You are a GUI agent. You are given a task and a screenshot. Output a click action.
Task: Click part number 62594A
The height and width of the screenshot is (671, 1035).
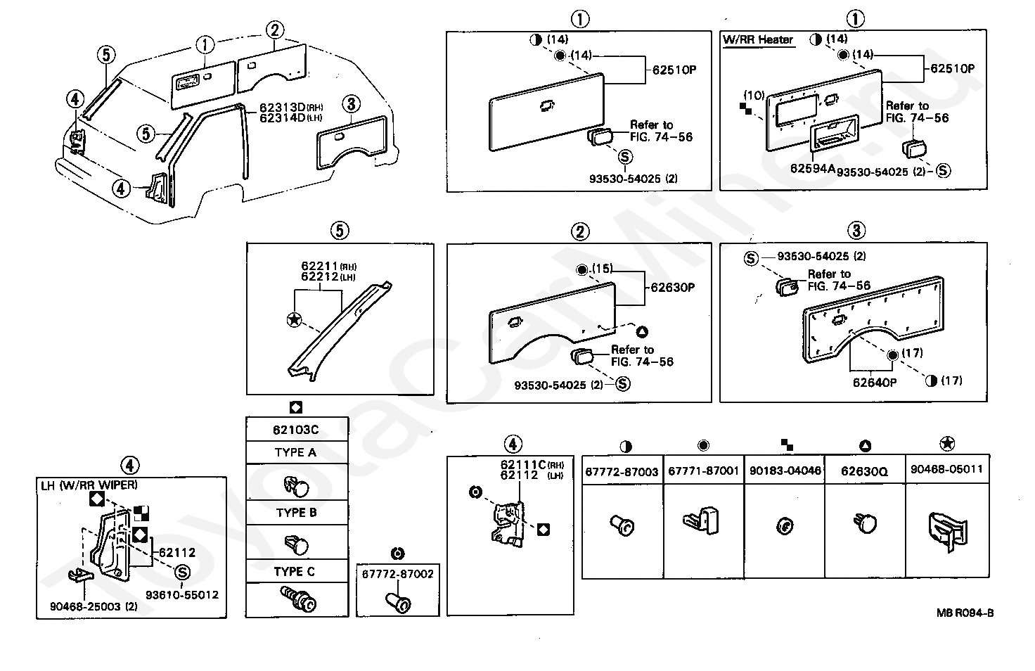click(813, 169)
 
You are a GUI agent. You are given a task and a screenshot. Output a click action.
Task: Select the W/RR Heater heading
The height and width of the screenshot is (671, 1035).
click(758, 40)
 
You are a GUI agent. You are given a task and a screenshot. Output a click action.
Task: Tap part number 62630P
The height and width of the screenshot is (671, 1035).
click(673, 288)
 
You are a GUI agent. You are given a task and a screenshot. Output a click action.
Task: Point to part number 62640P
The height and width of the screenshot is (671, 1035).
click(875, 383)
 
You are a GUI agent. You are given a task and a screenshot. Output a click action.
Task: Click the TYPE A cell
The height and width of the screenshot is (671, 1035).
click(296, 452)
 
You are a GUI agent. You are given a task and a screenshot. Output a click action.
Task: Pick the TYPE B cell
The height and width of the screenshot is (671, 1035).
click(296, 513)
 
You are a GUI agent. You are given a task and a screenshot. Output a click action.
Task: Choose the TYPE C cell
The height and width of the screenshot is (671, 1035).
click(295, 572)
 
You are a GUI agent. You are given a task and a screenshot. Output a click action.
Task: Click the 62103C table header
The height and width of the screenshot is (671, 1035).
click(296, 430)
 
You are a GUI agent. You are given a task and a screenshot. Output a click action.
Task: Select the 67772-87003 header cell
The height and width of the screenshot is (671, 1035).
click(622, 471)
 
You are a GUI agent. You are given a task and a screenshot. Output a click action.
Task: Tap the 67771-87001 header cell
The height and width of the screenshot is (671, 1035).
click(703, 471)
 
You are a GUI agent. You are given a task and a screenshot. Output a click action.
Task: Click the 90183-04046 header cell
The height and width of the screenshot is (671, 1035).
click(785, 471)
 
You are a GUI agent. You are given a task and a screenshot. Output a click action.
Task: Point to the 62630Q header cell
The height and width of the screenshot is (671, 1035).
click(865, 471)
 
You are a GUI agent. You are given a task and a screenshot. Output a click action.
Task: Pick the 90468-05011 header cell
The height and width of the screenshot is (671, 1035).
click(946, 470)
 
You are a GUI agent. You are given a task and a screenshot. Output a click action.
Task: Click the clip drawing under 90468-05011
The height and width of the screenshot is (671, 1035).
click(948, 532)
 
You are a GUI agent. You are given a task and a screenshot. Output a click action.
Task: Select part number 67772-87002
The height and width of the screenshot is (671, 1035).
click(398, 575)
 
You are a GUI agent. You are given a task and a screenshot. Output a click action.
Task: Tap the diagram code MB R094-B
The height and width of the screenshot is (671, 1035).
click(965, 613)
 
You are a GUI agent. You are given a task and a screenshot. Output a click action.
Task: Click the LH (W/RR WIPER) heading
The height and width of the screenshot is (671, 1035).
click(89, 485)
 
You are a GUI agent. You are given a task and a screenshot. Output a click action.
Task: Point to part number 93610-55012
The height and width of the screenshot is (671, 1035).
click(182, 595)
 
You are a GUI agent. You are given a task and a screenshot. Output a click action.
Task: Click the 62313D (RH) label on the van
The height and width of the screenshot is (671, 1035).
click(291, 108)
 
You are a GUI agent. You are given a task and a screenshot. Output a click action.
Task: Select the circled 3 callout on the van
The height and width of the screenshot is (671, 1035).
click(351, 104)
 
